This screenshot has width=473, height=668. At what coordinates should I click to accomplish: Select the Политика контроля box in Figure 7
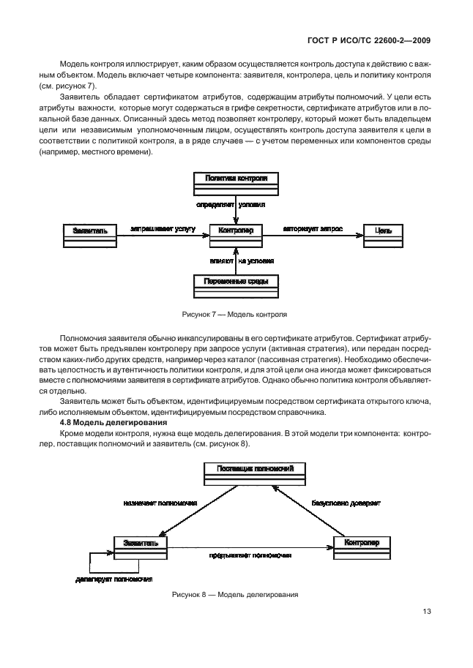point(236,182)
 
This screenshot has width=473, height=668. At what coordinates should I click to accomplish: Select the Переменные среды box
point(236,285)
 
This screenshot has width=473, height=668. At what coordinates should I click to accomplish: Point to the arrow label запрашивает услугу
point(163,228)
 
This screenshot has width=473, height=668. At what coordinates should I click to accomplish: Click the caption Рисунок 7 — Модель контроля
point(234,315)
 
